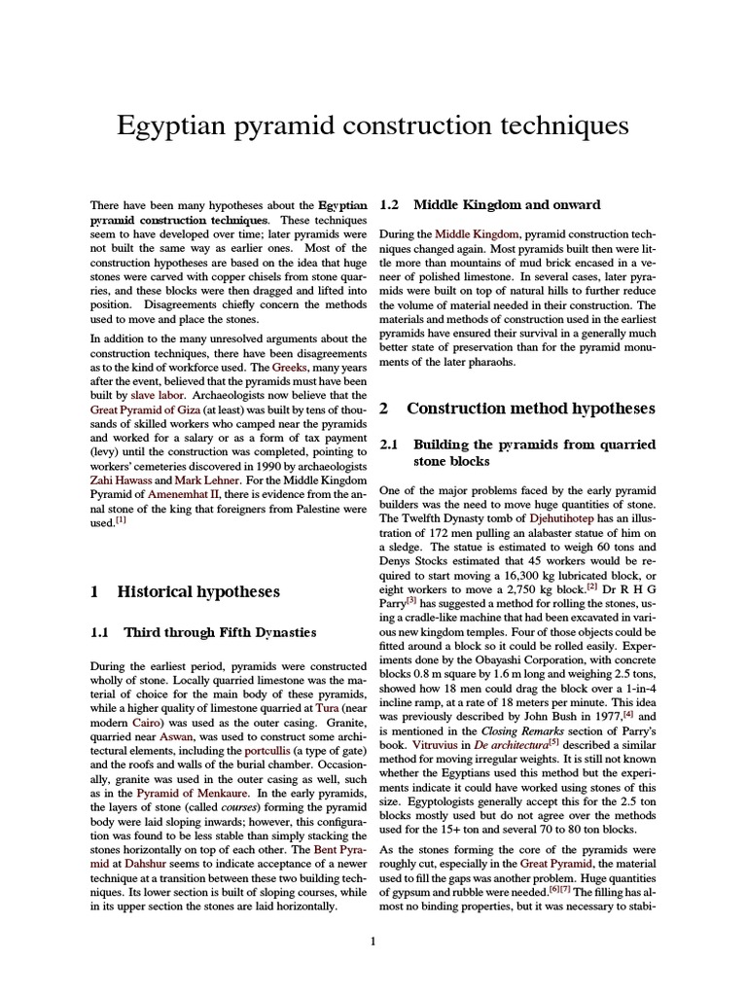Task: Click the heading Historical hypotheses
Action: [198, 590]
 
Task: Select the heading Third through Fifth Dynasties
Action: [220, 632]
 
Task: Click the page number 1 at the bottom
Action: [373, 940]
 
